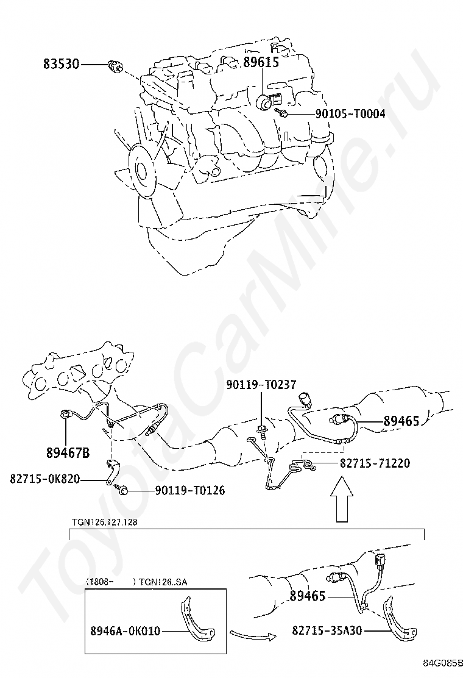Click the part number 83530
(61, 64)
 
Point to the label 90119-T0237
(261, 385)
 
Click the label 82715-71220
(375, 464)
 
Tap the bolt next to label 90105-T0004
(281, 113)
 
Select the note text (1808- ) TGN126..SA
(136, 582)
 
